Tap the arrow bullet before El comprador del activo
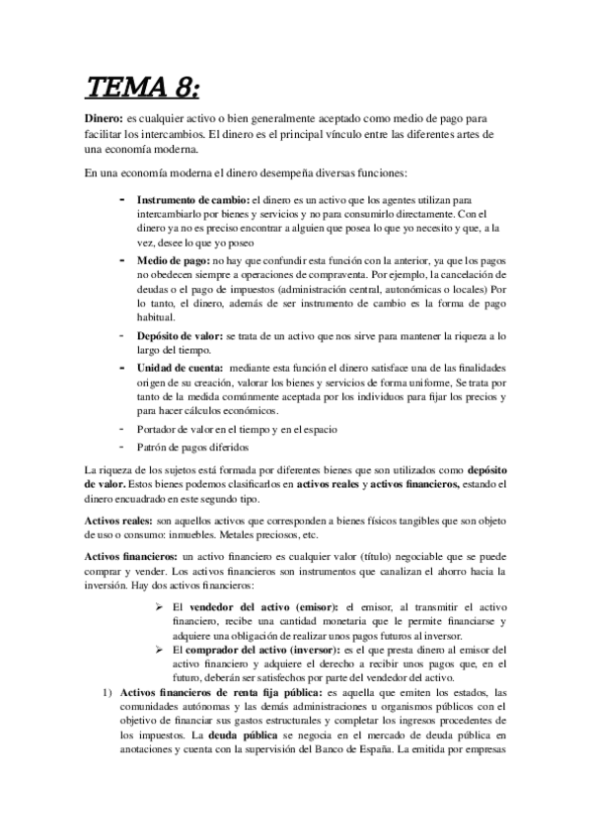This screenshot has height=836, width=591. pos(159,651)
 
